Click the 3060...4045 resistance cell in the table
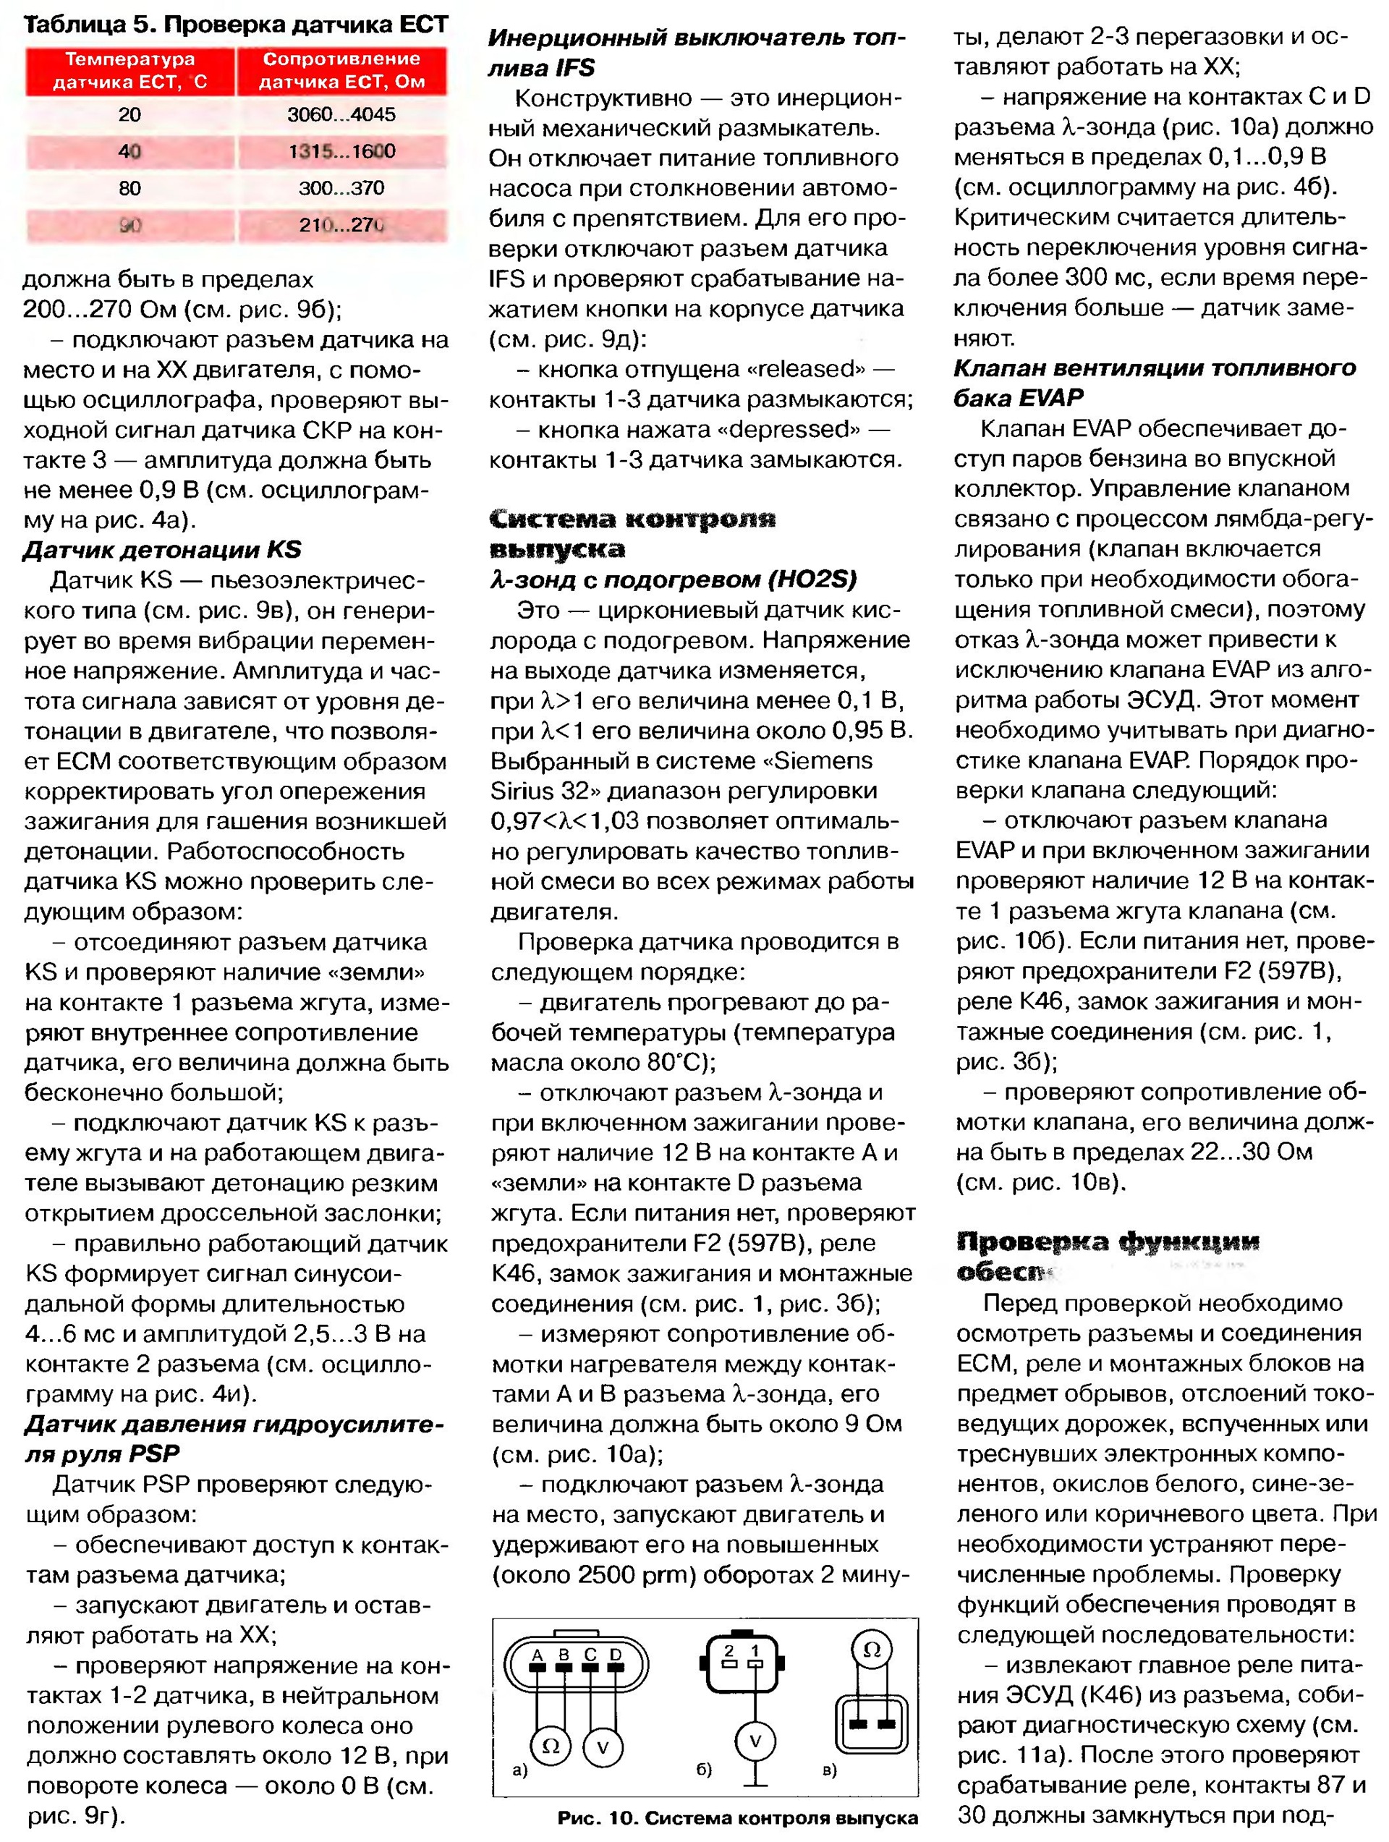(x=341, y=114)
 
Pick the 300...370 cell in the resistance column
(x=341, y=188)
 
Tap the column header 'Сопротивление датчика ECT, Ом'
(x=341, y=71)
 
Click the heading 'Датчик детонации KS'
(x=162, y=550)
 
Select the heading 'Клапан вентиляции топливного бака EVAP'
(x=1153, y=382)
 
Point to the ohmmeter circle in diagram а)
(x=551, y=1745)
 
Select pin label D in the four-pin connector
(x=616, y=1655)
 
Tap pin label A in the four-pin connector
(x=538, y=1655)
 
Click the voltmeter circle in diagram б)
(x=755, y=1741)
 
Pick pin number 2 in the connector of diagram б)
(x=729, y=1650)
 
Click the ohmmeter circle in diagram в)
(x=872, y=1649)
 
